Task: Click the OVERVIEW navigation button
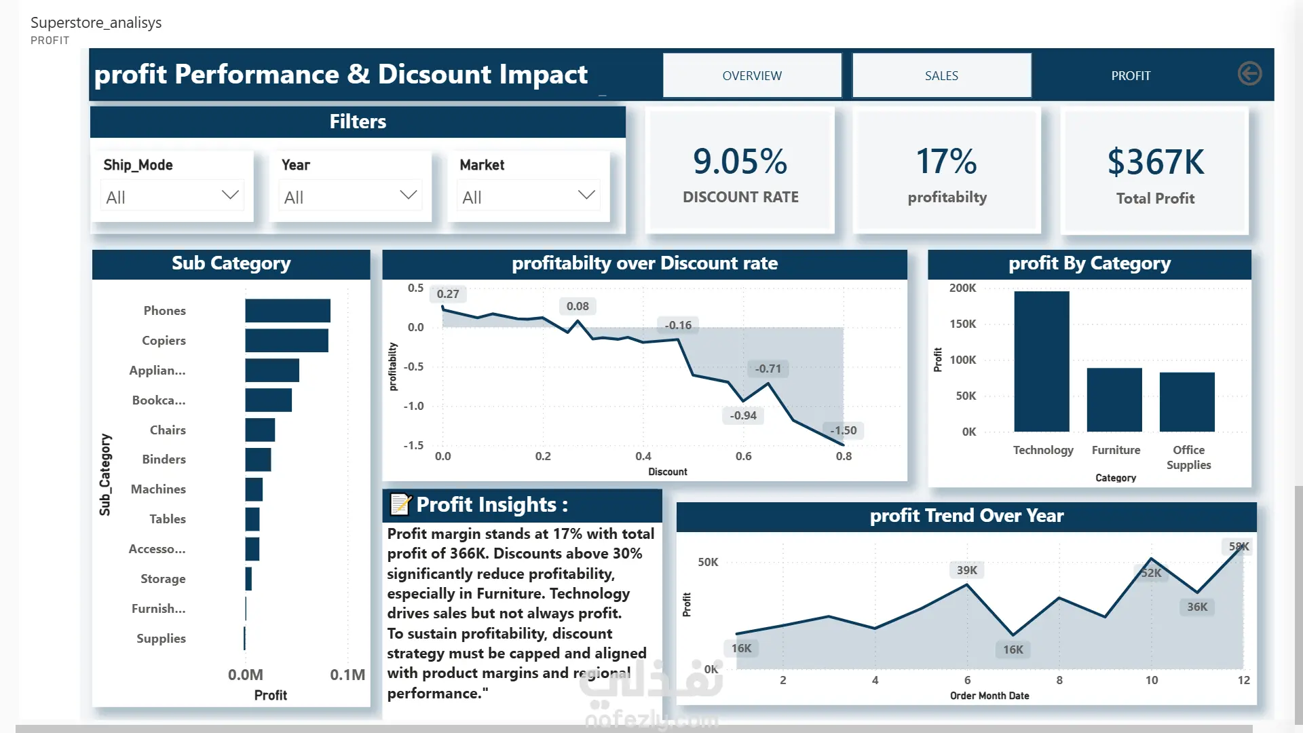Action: click(x=752, y=75)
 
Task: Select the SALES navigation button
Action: click(x=941, y=75)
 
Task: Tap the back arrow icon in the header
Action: click(x=1249, y=73)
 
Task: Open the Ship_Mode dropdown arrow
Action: click(x=230, y=195)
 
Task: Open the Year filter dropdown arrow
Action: click(x=409, y=195)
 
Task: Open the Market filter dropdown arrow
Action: click(x=586, y=195)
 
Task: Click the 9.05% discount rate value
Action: click(x=740, y=162)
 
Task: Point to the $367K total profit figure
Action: click(x=1156, y=162)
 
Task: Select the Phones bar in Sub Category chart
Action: click(x=288, y=311)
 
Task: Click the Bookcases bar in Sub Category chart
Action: click(x=269, y=400)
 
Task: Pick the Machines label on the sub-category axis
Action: click(x=158, y=489)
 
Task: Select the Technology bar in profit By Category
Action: click(x=1042, y=362)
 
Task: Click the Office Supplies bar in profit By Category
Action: click(x=1187, y=402)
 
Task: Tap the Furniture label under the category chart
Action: click(x=1116, y=450)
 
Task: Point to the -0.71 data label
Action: click(x=768, y=369)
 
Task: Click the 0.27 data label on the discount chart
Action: click(x=448, y=294)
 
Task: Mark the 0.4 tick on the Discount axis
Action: click(x=643, y=456)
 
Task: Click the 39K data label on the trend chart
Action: click(x=967, y=570)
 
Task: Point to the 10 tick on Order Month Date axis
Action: click(x=1152, y=680)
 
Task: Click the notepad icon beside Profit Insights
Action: click(x=400, y=504)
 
